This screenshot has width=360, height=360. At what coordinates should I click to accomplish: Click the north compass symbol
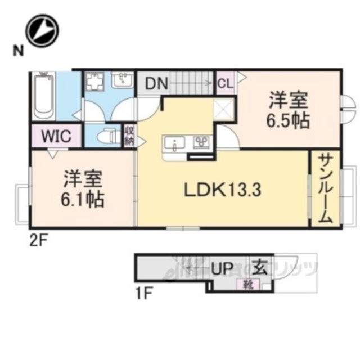42,31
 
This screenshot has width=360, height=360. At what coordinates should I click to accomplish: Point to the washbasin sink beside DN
121,80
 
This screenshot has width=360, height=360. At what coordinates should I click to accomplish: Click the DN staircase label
156,84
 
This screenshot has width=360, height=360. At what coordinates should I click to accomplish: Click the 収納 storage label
129,136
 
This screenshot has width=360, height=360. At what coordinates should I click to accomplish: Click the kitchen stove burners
200,143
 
